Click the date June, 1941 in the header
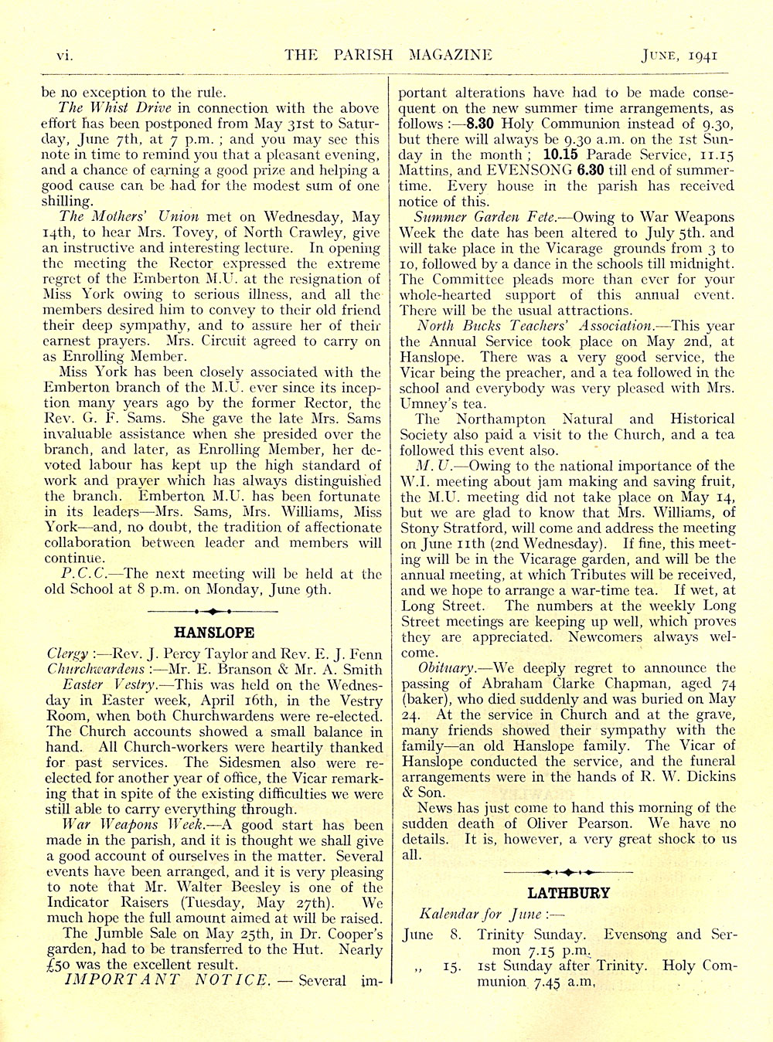pos(681,55)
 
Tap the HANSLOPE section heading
pos(214,633)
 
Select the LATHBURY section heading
pos(568,893)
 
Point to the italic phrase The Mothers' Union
pos(129,216)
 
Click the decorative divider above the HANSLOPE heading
pos(214,611)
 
